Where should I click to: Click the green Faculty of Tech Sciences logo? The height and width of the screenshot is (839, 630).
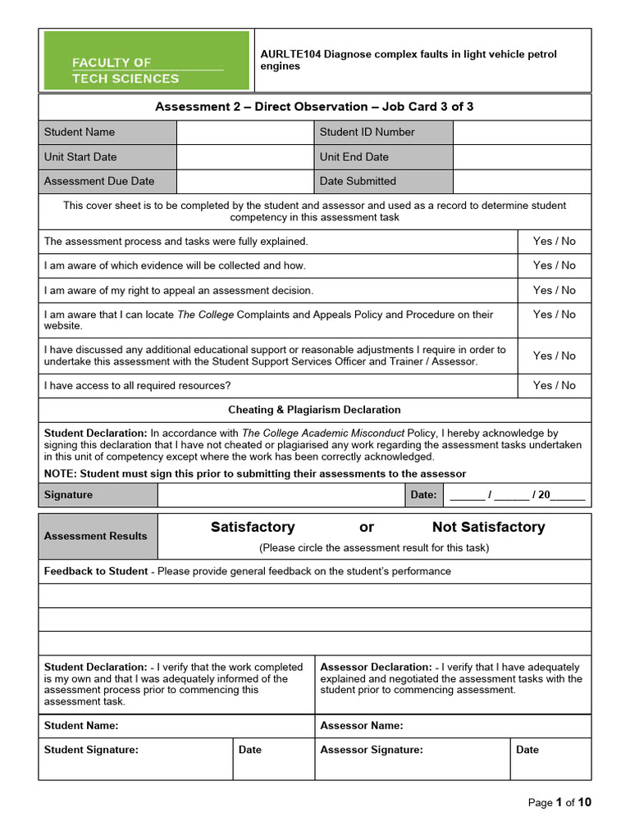coord(146,60)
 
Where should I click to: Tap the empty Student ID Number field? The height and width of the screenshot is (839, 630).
coord(521,132)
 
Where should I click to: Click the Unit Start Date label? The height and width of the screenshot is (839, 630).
coord(80,156)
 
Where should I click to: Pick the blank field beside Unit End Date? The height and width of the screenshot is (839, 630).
coord(521,156)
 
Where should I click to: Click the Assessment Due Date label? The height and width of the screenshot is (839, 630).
coord(98,181)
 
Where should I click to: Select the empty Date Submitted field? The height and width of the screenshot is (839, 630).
coord(521,181)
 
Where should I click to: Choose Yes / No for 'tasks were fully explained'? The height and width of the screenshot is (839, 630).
coord(554,241)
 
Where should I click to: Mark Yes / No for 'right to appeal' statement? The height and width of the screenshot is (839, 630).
coord(554,290)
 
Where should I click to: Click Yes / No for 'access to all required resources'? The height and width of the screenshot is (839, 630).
coord(554,385)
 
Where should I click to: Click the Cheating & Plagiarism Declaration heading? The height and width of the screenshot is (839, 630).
coord(314,410)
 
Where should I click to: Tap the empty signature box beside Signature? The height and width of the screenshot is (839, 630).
coord(280,495)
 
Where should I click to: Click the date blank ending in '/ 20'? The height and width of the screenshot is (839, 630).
coord(518,495)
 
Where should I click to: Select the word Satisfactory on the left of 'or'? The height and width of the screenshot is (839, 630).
coord(253,527)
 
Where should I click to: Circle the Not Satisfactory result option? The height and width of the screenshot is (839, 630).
coord(488,527)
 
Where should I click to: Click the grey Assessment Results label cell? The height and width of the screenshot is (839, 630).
coord(96,536)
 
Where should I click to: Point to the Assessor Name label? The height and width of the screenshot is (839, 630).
coord(361,725)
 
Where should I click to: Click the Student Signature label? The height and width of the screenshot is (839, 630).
coord(91,750)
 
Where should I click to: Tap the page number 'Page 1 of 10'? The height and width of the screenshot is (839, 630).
coord(559,802)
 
